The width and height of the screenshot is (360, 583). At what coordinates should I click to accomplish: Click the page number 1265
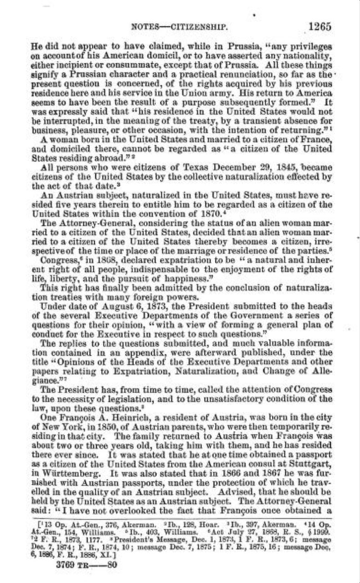coord(319,26)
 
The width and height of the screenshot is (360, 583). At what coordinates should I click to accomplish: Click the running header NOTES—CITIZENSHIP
coord(179,27)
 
